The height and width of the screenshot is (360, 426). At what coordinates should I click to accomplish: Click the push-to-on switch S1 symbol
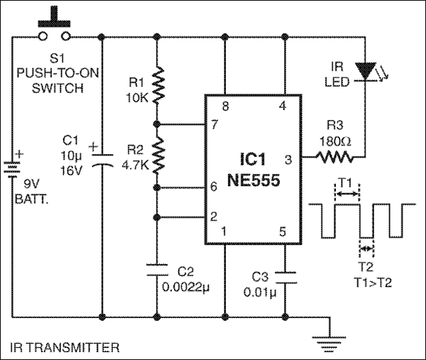54,28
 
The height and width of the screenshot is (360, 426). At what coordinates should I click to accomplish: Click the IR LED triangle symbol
366,70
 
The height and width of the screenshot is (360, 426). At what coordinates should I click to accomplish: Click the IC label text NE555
253,181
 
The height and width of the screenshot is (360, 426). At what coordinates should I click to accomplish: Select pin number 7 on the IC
214,126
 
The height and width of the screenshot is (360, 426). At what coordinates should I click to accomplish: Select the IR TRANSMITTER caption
65,348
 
